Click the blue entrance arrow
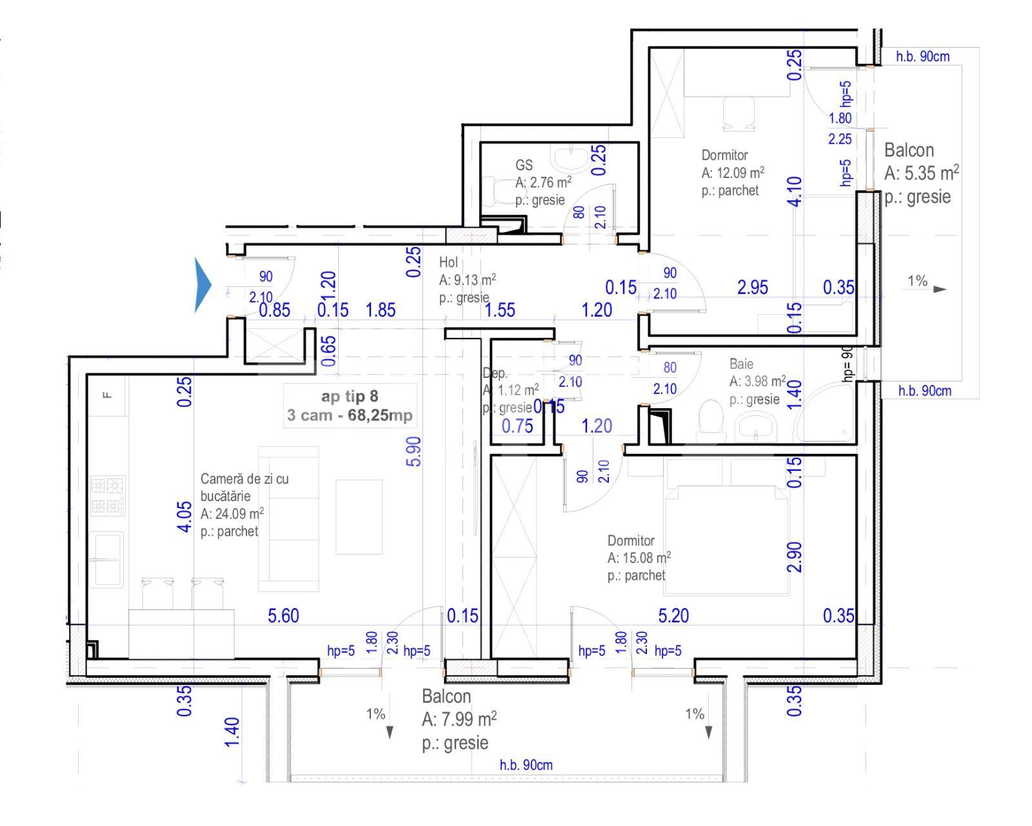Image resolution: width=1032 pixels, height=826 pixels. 203,284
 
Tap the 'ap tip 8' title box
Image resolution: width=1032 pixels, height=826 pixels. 350,406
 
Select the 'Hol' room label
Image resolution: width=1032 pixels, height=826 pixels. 448,262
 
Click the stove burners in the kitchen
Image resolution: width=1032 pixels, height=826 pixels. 108,495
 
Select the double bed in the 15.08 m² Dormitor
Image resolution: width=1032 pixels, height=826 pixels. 726,538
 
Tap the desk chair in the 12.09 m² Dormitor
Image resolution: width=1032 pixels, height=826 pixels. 739,113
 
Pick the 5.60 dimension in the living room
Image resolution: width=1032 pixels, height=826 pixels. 283,616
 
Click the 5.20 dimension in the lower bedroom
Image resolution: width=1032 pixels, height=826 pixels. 673,616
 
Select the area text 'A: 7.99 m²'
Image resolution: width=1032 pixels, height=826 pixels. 459,719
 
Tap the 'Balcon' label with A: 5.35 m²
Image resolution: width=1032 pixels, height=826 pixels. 909,150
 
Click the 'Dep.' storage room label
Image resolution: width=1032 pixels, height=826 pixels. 495,373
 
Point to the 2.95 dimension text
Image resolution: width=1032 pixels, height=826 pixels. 752,287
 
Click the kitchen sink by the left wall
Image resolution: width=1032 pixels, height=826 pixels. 107,558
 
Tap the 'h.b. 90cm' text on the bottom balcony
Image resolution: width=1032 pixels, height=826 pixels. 526,765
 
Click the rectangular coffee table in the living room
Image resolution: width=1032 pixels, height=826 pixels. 359,516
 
